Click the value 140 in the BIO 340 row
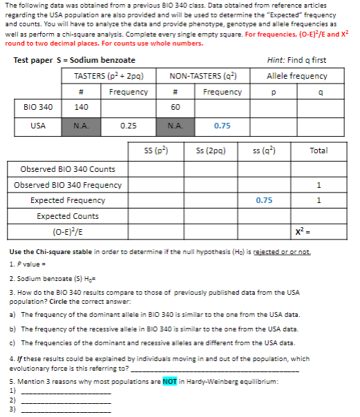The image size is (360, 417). coord(82,108)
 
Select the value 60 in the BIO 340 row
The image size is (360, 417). coord(175,108)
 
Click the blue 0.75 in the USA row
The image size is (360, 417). coord(222,126)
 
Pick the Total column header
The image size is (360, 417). coord(319,150)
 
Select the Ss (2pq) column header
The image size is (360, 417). coord(210,150)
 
